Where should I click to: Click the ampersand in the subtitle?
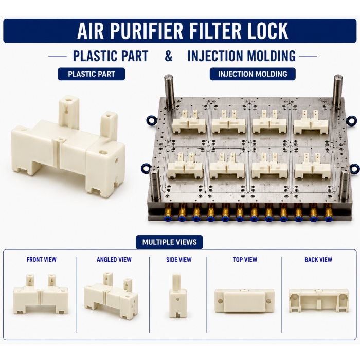click(x=169, y=56)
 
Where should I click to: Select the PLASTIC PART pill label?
click(x=92, y=74)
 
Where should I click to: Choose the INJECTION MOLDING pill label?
click(x=253, y=74)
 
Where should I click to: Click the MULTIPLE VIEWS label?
click(x=169, y=242)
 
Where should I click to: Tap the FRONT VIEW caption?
click(x=41, y=259)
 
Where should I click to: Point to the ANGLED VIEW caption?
click(x=114, y=259)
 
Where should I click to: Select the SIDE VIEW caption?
click(x=178, y=260)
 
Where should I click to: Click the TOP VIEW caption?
click(x=245, y=259)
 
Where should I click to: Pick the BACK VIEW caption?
click(x=318, y=260)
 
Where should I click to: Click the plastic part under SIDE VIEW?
click(x=178, y=296)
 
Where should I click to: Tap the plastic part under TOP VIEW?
click(x=244, y=300)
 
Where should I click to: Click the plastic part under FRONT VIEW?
click(x=41, y=294)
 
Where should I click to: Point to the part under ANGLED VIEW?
click(x=111, y=296)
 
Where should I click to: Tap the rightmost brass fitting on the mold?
click(x=329, y=212)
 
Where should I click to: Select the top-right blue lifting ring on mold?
click(x=351, y=120)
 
